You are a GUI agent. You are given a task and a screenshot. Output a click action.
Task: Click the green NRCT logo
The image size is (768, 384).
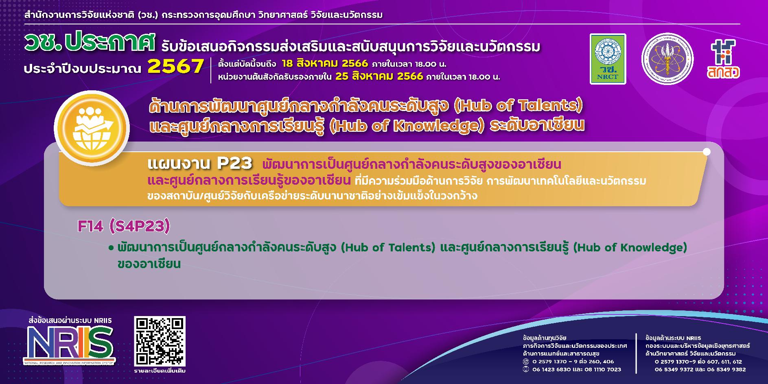point(608,59)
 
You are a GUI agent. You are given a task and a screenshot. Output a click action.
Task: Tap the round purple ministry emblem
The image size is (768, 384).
point(667,59)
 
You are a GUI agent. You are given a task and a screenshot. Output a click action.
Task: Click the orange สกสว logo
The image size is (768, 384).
point(723,59)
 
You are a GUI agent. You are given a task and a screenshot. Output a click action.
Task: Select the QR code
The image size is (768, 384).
point(160,341)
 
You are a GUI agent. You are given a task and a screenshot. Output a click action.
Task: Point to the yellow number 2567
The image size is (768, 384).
point(175,66)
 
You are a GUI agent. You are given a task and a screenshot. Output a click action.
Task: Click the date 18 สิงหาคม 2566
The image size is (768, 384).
point(324,64)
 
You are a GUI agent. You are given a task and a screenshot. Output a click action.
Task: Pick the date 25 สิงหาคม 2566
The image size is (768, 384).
point(379,76)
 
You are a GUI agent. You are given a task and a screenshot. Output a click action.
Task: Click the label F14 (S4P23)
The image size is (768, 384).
point(123,226)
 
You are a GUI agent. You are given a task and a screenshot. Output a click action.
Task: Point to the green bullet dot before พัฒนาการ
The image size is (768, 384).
point(111,248)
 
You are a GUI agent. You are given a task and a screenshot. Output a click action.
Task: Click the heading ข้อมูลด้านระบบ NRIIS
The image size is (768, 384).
point(673,338)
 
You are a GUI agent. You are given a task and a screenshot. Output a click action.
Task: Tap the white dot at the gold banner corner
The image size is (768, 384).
point(707,152)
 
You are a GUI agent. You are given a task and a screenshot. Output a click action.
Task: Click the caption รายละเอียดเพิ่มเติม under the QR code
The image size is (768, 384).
point(160,371)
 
